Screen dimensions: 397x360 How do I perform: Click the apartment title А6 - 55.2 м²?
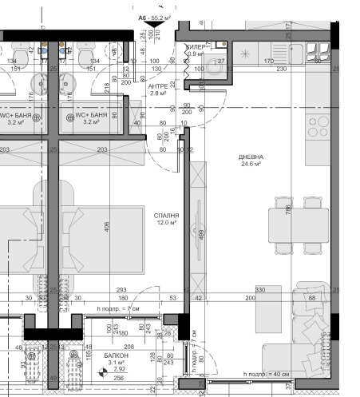pyautogui.click(x=156, y=16)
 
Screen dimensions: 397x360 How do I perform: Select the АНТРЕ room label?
pyautogui.click(x=157, y=85)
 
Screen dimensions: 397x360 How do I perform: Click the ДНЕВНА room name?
pyautogui.click(x=251, y=157)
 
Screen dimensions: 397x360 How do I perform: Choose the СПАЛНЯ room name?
pyautogui.click(x=165, y=216)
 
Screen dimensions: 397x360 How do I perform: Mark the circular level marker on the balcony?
pyautogui.click(x=102, y=371)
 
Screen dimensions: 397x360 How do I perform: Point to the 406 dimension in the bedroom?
pyautogui.click(x=107, y=226)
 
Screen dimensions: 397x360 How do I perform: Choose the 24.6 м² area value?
pyautogui.click(x=251, y=165)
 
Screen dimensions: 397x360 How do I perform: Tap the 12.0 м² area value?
pyautogui.click(x=165, y=224)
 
